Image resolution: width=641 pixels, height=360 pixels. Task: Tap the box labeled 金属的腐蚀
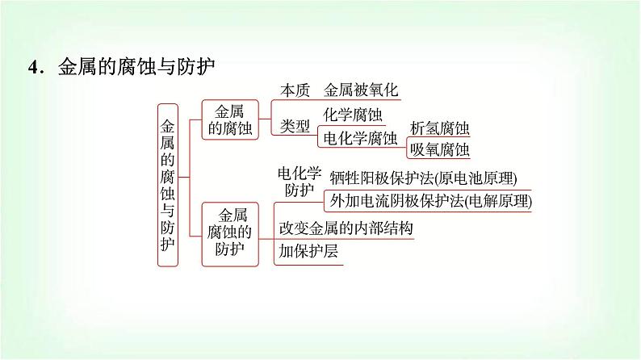[224, 119]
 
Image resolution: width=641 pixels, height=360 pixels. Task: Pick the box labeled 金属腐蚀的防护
[229, 232]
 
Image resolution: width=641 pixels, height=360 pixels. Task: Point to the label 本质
[294, 90]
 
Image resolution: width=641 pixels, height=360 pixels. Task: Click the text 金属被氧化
[361, 90]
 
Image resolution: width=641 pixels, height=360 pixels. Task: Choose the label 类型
[294, 126]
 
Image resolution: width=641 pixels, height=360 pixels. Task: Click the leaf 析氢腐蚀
[439, 128]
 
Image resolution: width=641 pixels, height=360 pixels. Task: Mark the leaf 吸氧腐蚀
[439, 149]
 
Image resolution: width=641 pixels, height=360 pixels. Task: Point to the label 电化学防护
[300, 182]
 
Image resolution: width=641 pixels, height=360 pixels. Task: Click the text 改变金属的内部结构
[346, 228]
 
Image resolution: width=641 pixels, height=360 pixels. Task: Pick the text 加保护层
[308, 250]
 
